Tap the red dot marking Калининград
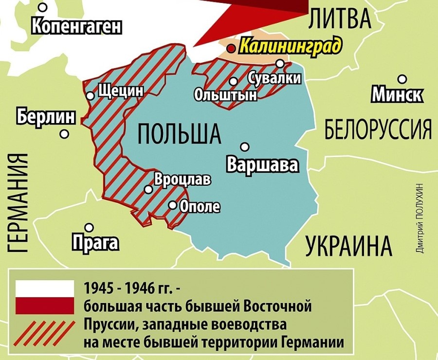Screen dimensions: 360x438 pos(232,48)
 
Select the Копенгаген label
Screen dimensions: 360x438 pos(76,26)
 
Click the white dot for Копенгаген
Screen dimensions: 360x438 pos(43,7)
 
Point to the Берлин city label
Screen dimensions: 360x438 pos(46,117)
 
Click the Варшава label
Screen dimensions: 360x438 pos(262,165)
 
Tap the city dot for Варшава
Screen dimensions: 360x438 pos(245,146)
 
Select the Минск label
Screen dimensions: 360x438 pos(397,95)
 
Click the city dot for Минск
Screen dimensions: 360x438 pos(402,79)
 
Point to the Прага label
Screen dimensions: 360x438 pos(95,242)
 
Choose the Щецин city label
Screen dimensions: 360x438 pos(121,91)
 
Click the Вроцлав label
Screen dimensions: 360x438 pos(182,180)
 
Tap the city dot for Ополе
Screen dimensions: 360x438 pos(173,205)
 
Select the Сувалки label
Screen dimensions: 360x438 pos(274,78)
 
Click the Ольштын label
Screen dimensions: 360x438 pos(225,94)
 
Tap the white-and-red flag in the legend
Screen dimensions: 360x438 pos(45,296)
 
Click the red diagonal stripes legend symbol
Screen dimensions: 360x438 pos(45,333)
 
